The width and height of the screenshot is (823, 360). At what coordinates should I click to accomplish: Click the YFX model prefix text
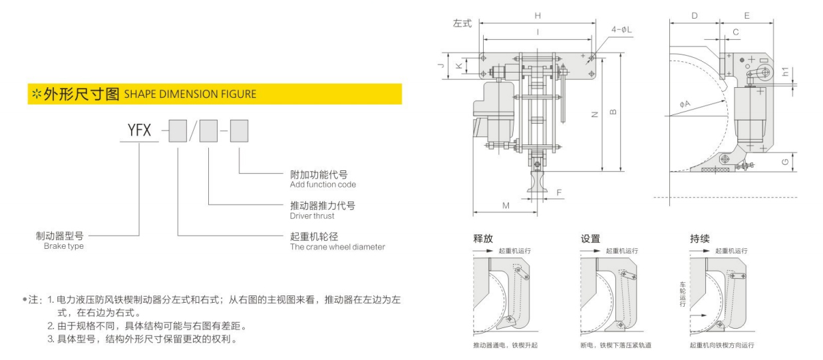pyautogui.click(x=139, y=130)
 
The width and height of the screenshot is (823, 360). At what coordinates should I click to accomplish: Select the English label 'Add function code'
pyautogui.click(x=323, y=184)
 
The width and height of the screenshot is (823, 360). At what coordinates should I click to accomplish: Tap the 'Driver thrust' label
pyautogui.click(x=312, y=216)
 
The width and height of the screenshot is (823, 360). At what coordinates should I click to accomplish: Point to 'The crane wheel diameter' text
pyautogui.click(x=337, y=247)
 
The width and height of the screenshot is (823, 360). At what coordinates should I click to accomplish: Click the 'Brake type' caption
pyautogui.click(x=64, y=246)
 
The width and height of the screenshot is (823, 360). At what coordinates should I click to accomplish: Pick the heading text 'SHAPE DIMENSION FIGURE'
pyautogui.click(x=190, y=94)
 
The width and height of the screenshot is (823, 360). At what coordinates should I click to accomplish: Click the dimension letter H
pyautogui.click(x=538, y=15)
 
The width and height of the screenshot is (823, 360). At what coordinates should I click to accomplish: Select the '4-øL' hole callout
pyautogui.click(x=621, y=29)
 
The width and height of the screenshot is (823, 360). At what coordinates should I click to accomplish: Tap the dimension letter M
pyautogui.click(x=506, y=206)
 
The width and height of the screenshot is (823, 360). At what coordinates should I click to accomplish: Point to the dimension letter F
pyautogui.click(x=559, y=192)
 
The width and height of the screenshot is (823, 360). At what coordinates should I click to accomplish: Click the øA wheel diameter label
pyautogui.click(x=685, y=104)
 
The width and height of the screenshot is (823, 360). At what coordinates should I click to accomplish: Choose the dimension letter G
pyautogui.click(x=785, y=162)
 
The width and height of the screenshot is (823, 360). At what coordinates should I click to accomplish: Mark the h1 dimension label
pyautogui.click(x=785, y=72)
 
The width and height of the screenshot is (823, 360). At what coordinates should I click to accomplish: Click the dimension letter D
pyautogui.click(x=695, y=15)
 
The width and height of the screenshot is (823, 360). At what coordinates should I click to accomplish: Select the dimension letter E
pyautogui.click(x=746, y=15)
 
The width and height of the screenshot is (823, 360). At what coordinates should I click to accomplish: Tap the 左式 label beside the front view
pyautogui.click(x=462, y=23)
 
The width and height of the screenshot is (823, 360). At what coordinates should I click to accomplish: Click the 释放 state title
pyautogui.click(x=483, y=238)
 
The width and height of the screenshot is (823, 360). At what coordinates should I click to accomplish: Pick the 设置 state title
pyautogui.click(x=590, y=239)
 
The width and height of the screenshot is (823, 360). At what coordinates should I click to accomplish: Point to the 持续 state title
pyautogui.click(x=699, y=239)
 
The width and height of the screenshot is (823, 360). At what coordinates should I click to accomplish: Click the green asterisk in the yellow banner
pyautogui.click(x=37, y=94)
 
